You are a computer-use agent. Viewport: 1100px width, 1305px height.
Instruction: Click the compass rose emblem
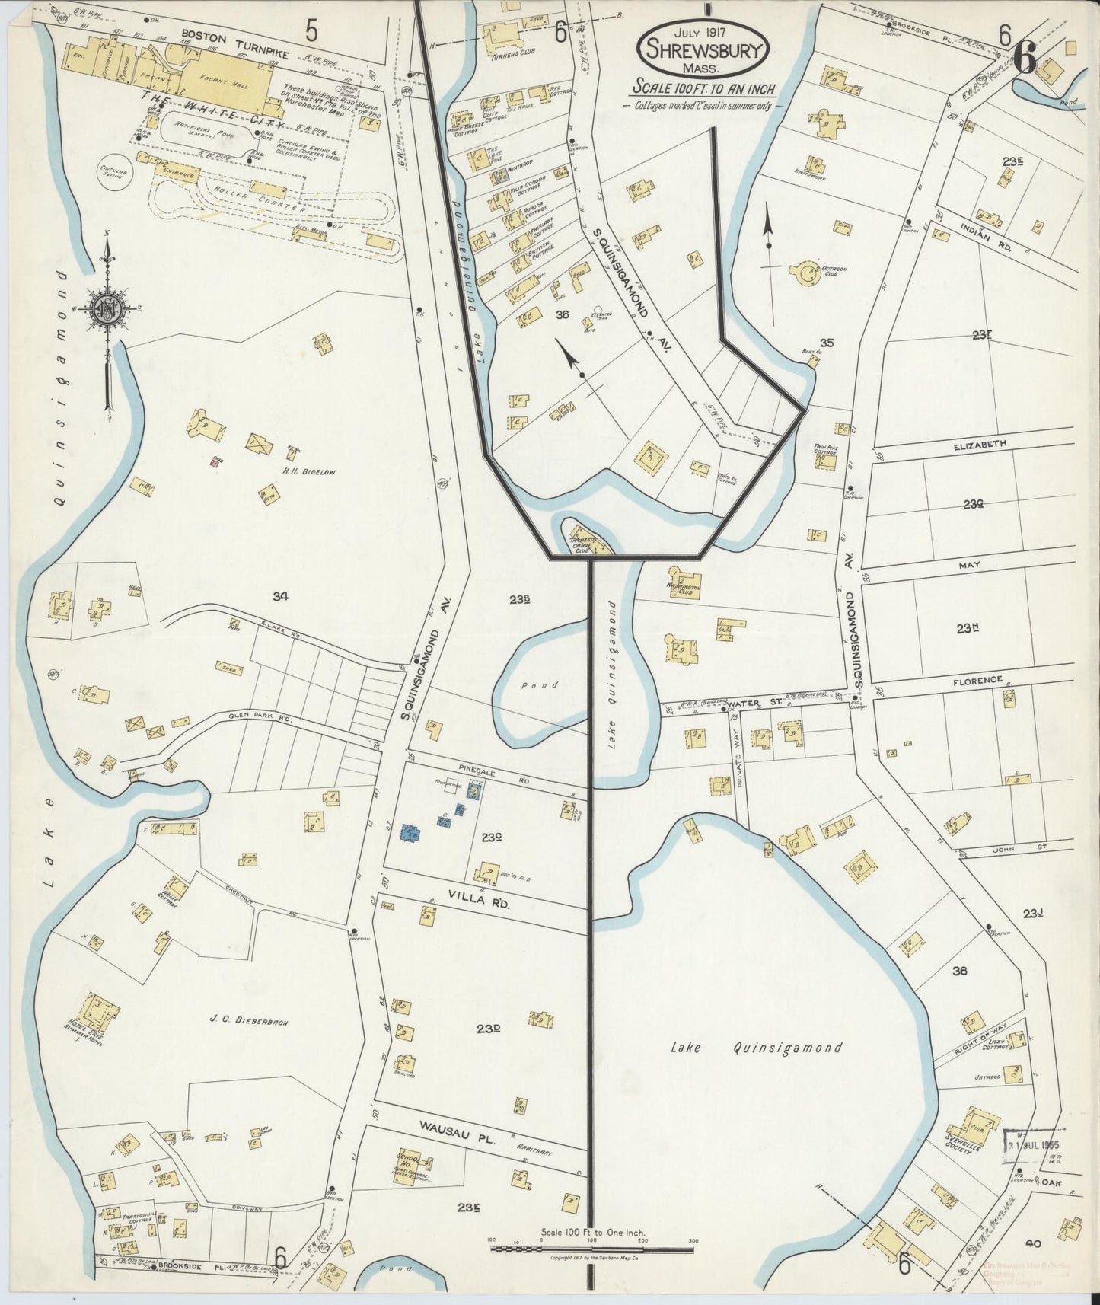point(108,308)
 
